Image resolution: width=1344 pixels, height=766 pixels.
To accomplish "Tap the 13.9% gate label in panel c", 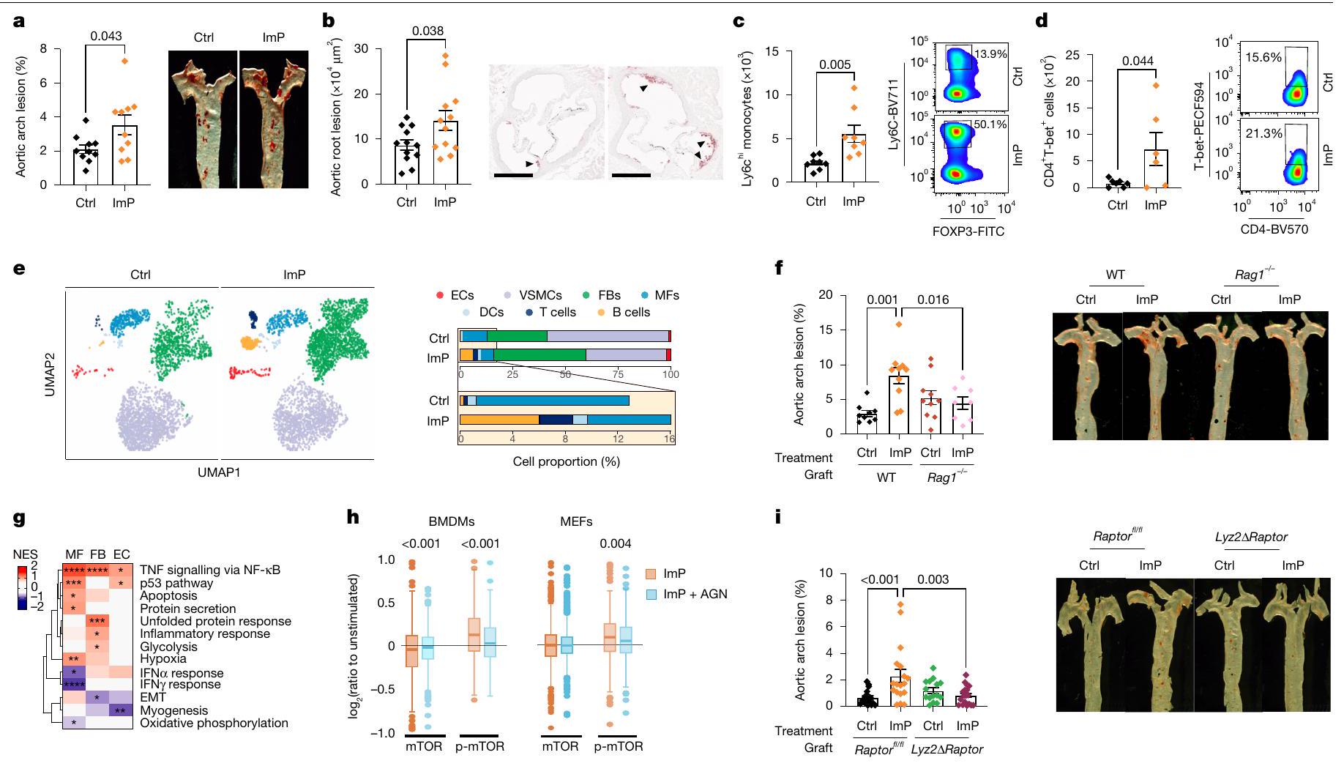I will point(992,54).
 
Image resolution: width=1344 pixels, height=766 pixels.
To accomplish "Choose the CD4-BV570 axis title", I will point(1280,229).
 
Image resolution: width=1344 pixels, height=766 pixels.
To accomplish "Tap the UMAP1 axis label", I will point(218,472).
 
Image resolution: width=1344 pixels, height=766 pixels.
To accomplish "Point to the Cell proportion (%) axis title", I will point(566,461).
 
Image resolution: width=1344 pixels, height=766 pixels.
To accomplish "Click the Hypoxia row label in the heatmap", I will point(163,659).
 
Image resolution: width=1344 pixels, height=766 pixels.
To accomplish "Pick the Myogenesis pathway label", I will point(174,710).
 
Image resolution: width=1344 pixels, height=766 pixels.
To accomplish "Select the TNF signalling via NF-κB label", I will point(210,570).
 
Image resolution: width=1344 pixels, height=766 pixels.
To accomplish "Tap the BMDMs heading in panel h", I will point(451,522).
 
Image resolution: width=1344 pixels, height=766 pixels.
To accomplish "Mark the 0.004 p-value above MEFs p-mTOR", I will point(615,543).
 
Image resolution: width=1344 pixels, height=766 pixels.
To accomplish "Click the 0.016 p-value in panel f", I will point(933,300).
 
